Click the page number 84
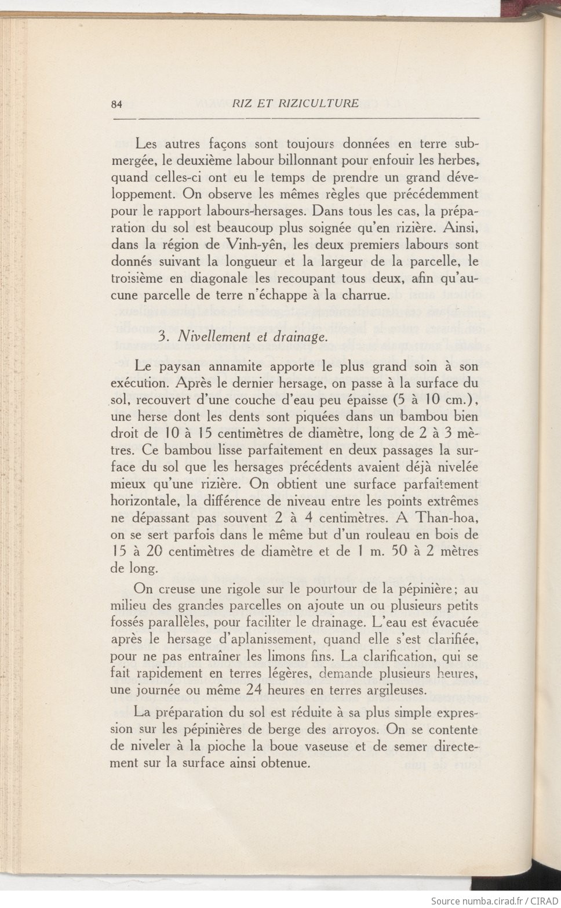coord(116,104)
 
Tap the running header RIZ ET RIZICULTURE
coord(295,103)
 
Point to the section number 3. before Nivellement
coord(163,336)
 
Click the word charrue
coord(363,295)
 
